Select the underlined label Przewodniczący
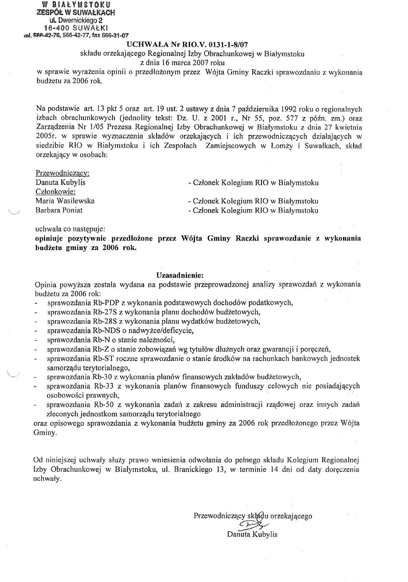[62, 173]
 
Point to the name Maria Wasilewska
[65, 201]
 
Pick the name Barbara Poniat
[59, 210]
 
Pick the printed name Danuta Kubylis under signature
[252, 535]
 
